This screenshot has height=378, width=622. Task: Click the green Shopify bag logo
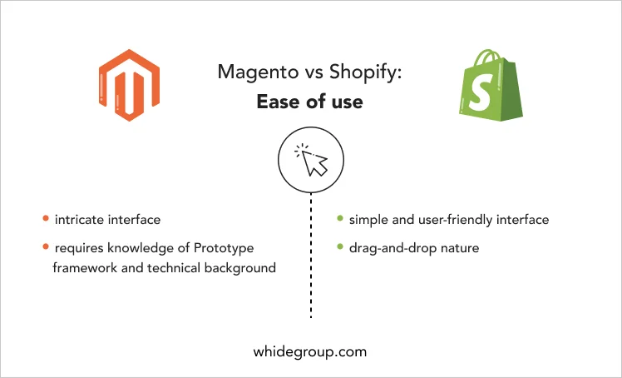pyautogui.click(x=491, y=85)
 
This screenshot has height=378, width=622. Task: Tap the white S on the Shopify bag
pyautogui.click(x=481, y=92)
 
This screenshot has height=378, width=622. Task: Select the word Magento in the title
pyautogui.click(x=258, y=72)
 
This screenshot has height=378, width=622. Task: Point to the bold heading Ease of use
pyautogui.click(x=310, y=102)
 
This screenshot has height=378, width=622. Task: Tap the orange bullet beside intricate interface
pyautogui.click(x=46, y=218)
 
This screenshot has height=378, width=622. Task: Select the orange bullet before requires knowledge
pyautogui.click(x=46, y=246)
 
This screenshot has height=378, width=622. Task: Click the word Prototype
pyautogui.click(x=224, y=248)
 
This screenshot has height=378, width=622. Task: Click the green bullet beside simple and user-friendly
pyautogui.click(x=340, y=218)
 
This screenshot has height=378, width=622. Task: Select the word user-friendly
pyautogui.click(x=449, y=220)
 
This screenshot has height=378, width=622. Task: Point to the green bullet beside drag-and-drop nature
pyautogui.click(x=340, y=246)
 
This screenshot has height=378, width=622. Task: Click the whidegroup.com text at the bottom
pyautogui.click(x=310, y=352)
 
